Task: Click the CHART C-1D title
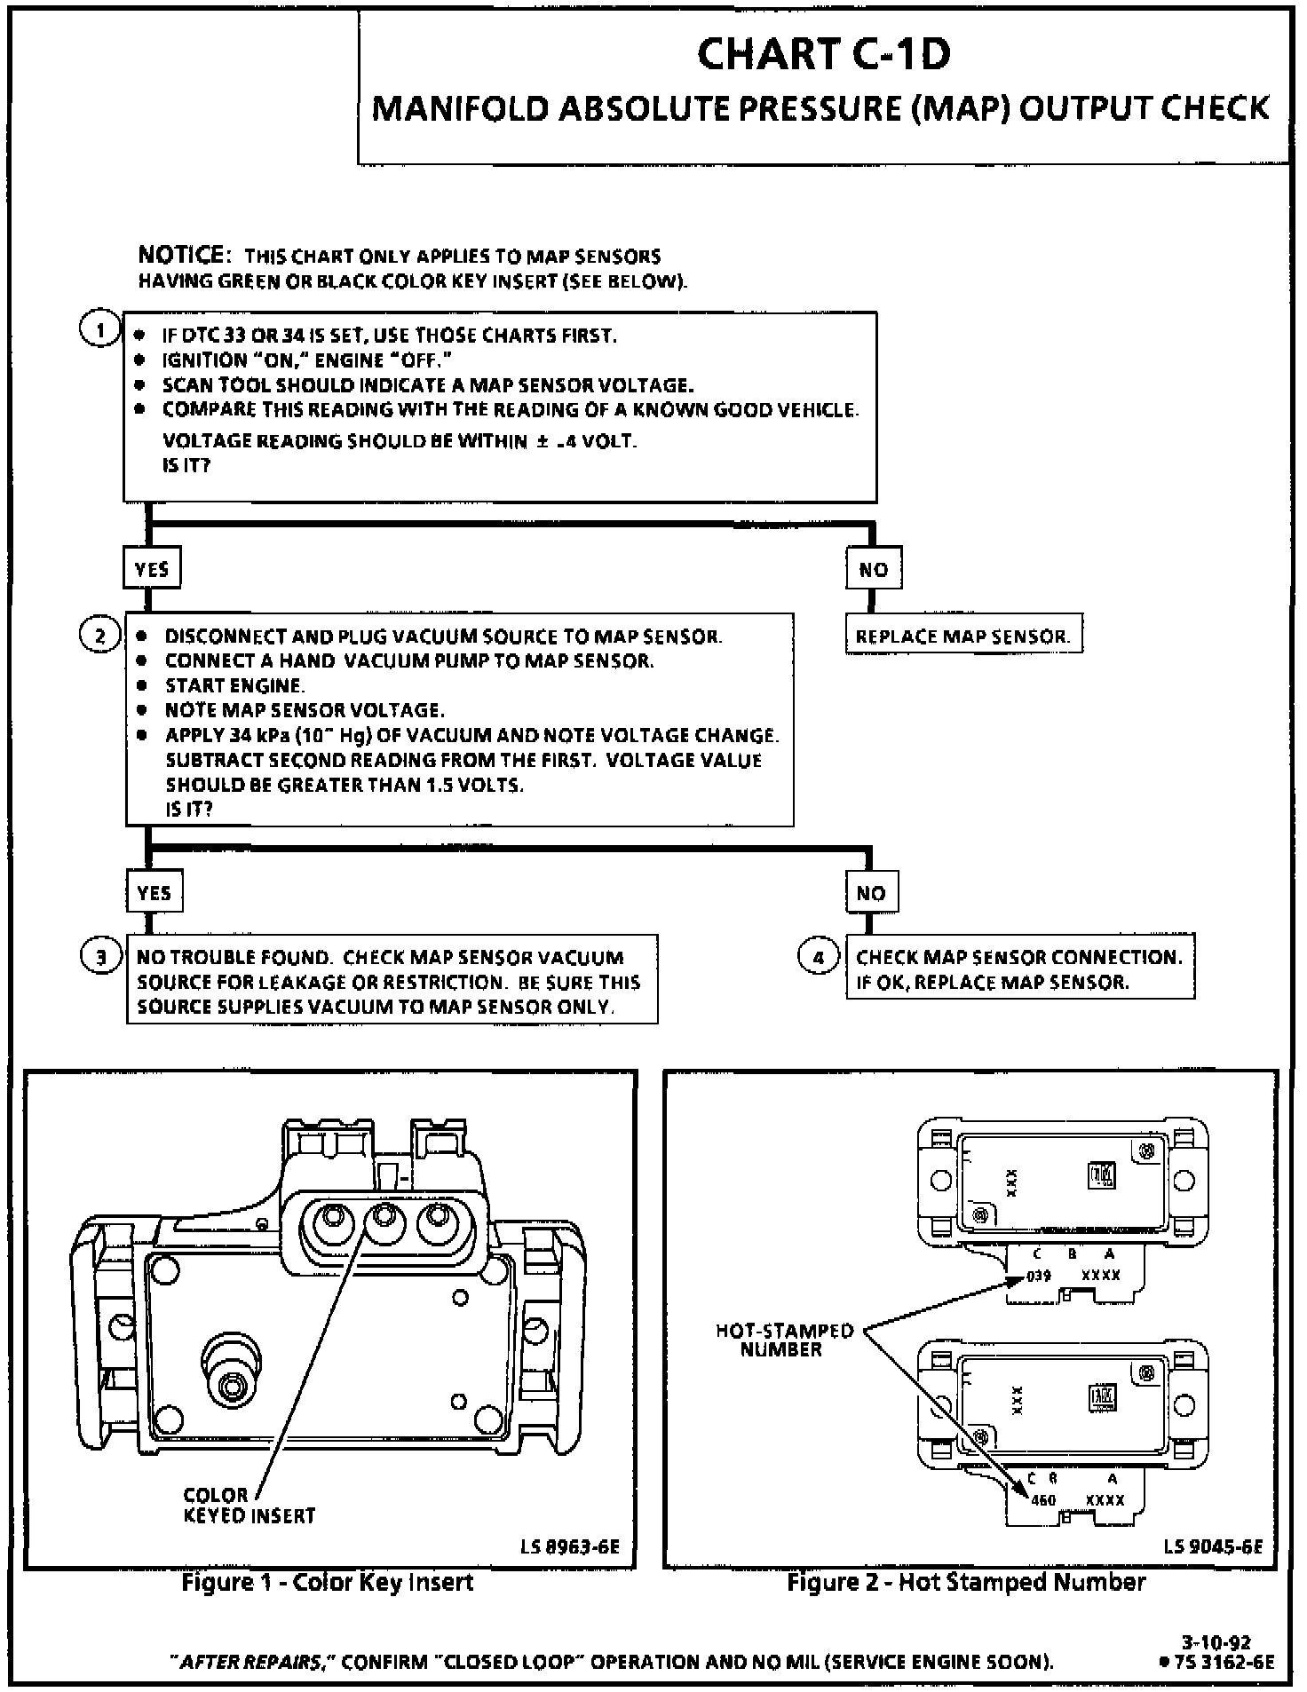(823, 55)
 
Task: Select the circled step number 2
(99, 636)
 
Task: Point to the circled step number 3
(100, 957)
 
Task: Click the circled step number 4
(819, 957)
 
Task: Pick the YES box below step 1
(152, 569)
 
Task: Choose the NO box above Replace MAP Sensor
(874, 569)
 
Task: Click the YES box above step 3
(154, 892)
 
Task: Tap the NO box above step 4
(871, 892)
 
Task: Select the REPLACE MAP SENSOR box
(963, 636)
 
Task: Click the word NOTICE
(184, 256)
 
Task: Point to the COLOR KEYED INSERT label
(249, 1505)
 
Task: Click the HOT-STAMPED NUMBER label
(785, 1340)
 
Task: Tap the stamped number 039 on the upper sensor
(1038, 1276)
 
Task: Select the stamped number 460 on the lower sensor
(1043, 1499)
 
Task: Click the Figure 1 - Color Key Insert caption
(328, 1582)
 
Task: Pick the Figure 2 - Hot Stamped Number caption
(966, 1582)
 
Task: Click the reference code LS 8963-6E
(570, 1547)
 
